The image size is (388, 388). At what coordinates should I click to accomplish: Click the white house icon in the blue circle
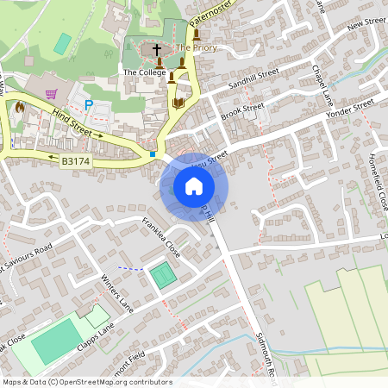(194, 185)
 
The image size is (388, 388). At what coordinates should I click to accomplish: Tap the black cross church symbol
(157, 51)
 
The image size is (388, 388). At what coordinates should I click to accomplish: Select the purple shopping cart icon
(51, 93)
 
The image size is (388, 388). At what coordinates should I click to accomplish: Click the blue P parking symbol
(88, 104)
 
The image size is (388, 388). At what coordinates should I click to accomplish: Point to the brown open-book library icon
(178, 103)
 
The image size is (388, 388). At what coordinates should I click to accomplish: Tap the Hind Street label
(71, 120)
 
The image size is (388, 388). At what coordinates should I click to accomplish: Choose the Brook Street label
(241, 110)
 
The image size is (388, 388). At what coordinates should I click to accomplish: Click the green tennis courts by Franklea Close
(161, 276)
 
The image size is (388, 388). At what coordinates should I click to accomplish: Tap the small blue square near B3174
(153, 153)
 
